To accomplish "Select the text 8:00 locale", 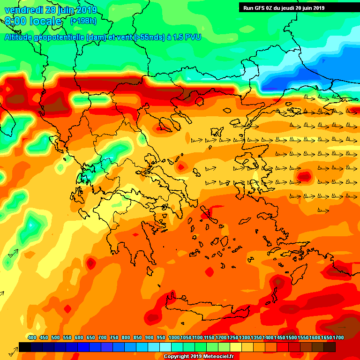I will [33, 22].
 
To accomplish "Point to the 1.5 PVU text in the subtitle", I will [187, 37].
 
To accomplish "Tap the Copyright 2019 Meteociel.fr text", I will [198, 357].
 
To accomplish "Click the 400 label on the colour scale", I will [32, 338].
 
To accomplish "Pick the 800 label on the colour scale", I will [126, 338].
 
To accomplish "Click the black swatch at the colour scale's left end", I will [25, 347].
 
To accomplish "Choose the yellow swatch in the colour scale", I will [236, 347].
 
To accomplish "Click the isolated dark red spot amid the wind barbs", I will [304, 176].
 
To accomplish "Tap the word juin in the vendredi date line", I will [68, 10].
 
